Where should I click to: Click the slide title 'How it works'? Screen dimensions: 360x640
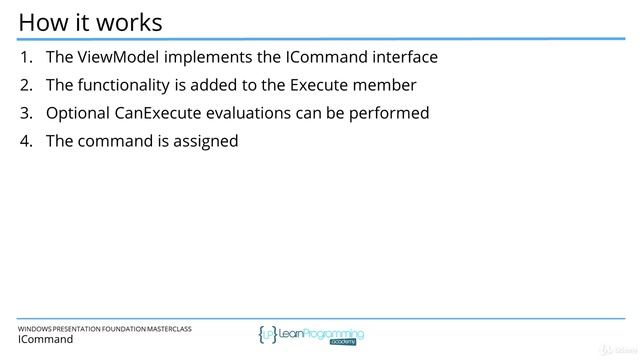pos(91,21)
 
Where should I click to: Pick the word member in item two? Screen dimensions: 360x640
pos(387,85)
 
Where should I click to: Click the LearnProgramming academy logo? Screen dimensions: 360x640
pos(311,334)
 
